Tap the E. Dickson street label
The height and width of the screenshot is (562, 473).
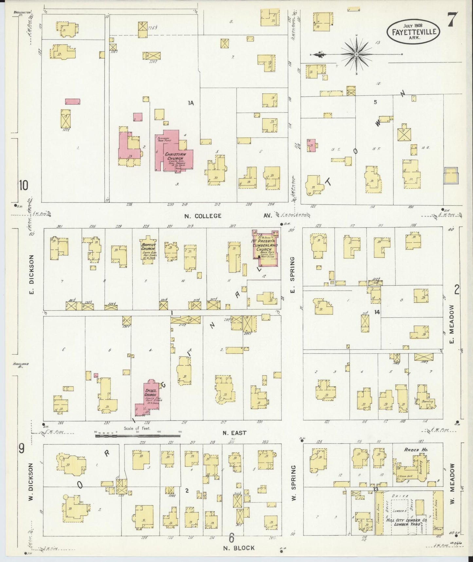[x=32, y=274]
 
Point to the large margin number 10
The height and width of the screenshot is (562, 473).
[x=23, y=186]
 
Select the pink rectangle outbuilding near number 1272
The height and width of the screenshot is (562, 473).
[x=73, y=102]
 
